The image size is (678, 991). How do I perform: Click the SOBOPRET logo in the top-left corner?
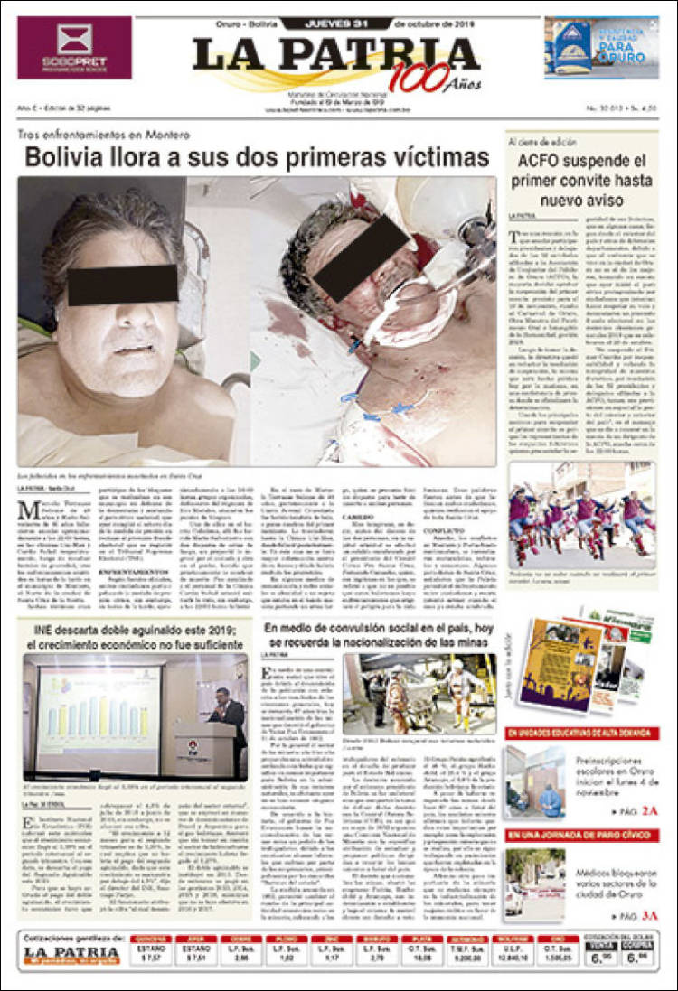74,47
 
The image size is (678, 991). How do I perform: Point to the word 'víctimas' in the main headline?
428,157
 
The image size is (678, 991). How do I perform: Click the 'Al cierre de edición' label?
541,142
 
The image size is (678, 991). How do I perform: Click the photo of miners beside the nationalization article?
418,693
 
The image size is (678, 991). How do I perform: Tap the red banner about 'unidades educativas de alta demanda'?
579,733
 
